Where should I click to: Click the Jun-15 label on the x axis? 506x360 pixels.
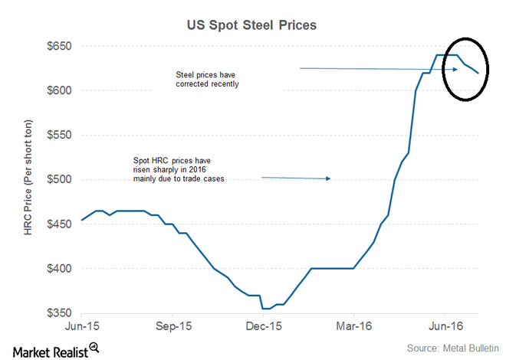point(81,326)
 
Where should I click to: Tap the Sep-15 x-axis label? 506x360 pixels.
point(173,326)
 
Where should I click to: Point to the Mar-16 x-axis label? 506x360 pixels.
point(354,326)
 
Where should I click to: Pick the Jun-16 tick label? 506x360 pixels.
point(445,326)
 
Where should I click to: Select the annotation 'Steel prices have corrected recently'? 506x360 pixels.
point(209,80)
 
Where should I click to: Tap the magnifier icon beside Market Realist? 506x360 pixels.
point(94,348)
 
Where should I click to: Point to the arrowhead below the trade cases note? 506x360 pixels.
point(327,178)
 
